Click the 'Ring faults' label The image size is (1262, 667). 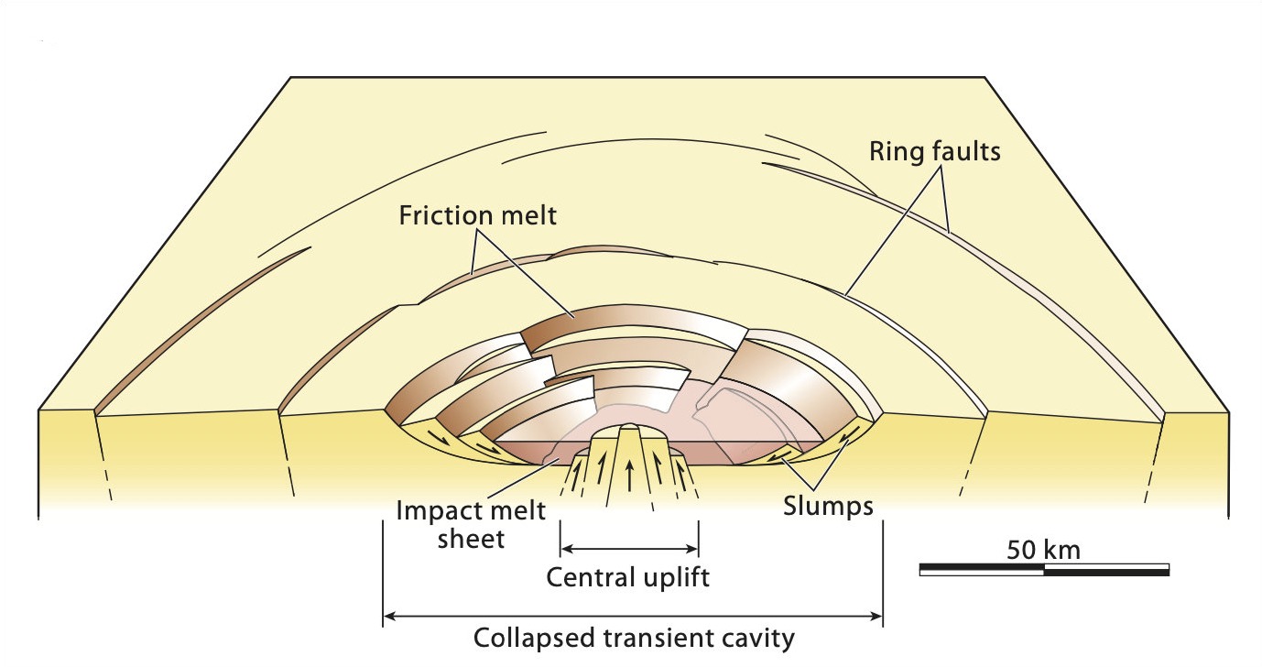tap(934, 152)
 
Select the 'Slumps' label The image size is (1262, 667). tap(829, 505)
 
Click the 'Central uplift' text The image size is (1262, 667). tap(628, 578)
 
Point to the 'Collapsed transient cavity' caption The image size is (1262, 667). tap(633, 638)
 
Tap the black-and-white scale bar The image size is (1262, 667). tap(1043, 570)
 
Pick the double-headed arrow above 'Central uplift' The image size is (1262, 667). tap(629, 550)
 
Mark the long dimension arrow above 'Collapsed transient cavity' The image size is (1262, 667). tap(633, 616)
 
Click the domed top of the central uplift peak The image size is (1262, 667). tap(629, 428)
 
